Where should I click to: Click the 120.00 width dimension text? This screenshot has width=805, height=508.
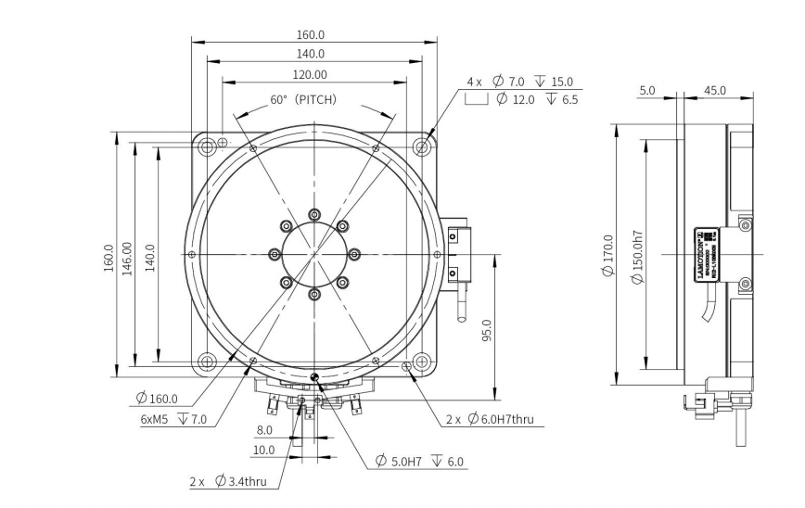click(315, 74)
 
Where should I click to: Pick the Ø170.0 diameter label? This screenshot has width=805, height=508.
click(608, 256)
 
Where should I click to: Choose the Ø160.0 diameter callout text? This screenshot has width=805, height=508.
click(157, 398)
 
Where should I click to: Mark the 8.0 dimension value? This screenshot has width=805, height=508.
click(264, 430)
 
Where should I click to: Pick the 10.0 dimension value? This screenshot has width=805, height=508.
click(264, 450)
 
